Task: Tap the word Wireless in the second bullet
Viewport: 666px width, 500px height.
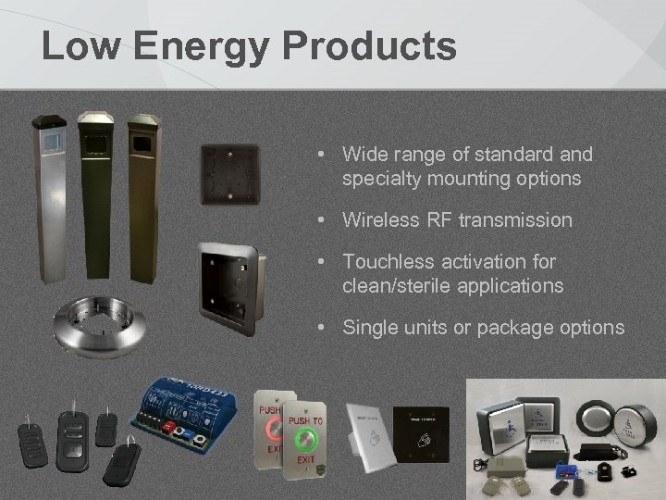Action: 376,220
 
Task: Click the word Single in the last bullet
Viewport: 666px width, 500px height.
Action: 369,328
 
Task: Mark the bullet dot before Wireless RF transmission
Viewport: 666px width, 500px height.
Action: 318,220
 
